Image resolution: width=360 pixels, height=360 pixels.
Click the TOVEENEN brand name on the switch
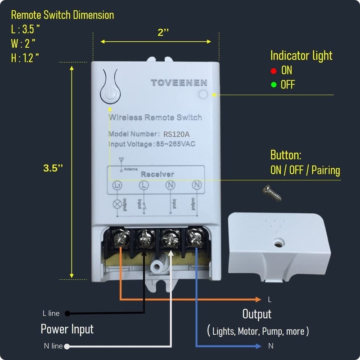179,82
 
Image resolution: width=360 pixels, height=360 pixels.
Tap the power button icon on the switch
110,94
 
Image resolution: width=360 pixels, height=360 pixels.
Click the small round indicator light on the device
203,94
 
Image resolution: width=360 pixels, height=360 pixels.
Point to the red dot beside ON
273,71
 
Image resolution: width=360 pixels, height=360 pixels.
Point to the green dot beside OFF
273,85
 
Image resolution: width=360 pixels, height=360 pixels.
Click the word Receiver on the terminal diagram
157,174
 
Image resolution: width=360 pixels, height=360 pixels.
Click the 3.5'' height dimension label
53,168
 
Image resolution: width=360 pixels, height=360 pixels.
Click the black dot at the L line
67,313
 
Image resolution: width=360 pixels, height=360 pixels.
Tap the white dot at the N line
67,346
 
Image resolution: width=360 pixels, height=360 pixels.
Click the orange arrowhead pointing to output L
258,299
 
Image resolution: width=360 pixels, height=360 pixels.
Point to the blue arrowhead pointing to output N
258,346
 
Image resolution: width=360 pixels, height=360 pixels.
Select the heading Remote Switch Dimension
63,15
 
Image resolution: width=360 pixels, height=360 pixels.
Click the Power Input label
67,329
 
